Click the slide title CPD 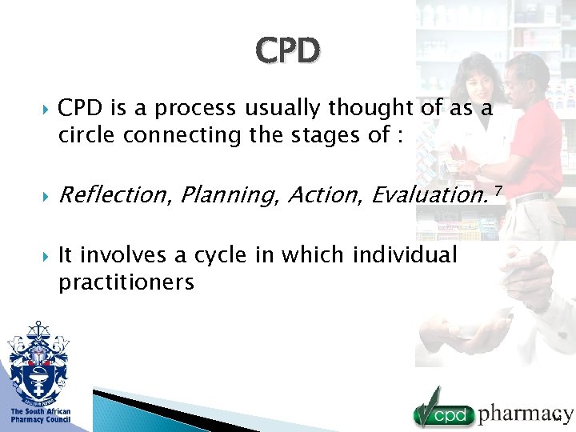tap(288, 50)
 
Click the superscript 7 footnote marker tap(498, 188)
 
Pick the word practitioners tap(126, 283)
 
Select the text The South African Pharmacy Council tap(40, 415)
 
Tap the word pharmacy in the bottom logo tap(525, 414)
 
